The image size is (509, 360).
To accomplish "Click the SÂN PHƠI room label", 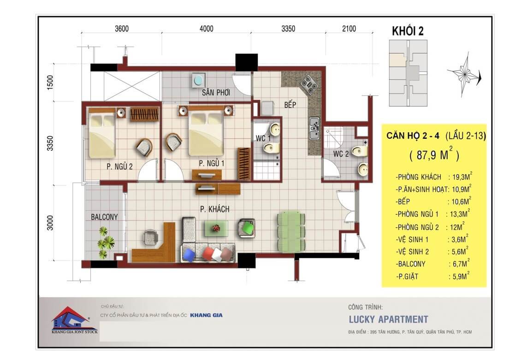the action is coord(216,93).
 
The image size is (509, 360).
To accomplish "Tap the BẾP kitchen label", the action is coord(290,104).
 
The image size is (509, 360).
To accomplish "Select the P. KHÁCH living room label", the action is coord(214,209).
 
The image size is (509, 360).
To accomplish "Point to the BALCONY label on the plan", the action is coord(104,217).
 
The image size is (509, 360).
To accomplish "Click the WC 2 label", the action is coord(341,153).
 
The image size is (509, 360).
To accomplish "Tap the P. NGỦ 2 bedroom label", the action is coord(119,166).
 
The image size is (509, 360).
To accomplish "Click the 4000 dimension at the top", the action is coord(207,29).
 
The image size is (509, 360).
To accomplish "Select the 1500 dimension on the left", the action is coord(50,83).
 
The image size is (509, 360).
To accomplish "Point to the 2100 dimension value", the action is coord(349,29).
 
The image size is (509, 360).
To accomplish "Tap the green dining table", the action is coord(291,231).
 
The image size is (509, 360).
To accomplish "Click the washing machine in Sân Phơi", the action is coord(198,80).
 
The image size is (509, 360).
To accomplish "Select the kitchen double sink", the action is coord(314,128).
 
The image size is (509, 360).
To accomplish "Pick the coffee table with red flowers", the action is coord(216,229).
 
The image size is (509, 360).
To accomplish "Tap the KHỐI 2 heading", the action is coord(408,31).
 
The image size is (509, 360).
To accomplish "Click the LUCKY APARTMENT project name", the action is coord(389,319).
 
